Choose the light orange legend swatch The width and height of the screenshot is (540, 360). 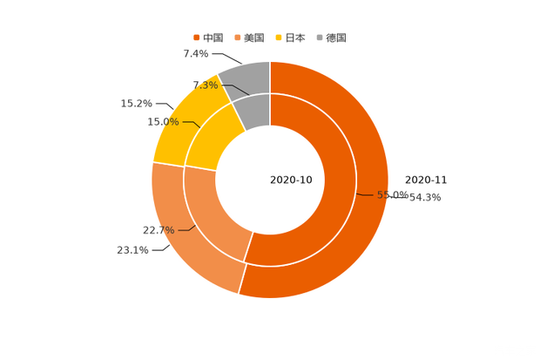point(236,37)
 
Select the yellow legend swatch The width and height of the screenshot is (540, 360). point(278,37)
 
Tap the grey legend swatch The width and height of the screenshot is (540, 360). point(320,37)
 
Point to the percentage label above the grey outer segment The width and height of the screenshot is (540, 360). point(195,54)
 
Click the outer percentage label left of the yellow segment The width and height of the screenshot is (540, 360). point(135,104)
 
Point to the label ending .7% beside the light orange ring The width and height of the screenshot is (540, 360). point(159,230)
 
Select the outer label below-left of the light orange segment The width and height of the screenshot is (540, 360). point(132,250)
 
